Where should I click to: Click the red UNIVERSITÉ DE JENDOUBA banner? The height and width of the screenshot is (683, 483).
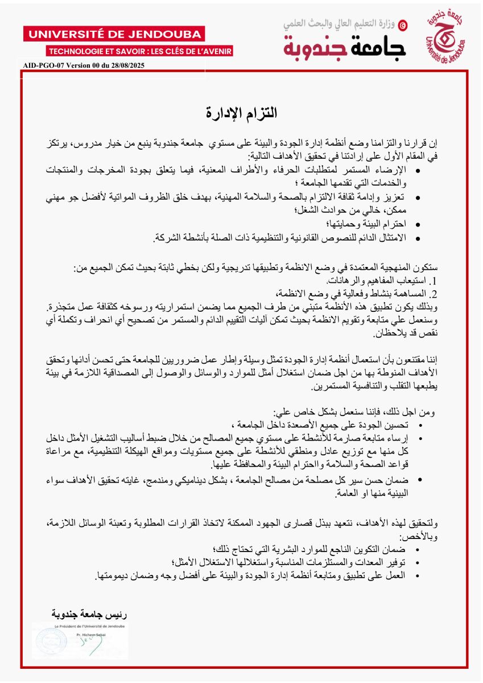pos(113,34)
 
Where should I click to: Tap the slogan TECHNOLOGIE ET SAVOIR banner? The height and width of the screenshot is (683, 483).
pos(140,51)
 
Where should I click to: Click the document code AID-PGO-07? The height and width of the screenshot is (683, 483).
pos(44,65)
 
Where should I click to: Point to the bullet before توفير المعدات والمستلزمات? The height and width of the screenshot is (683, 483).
pos(419,563)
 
